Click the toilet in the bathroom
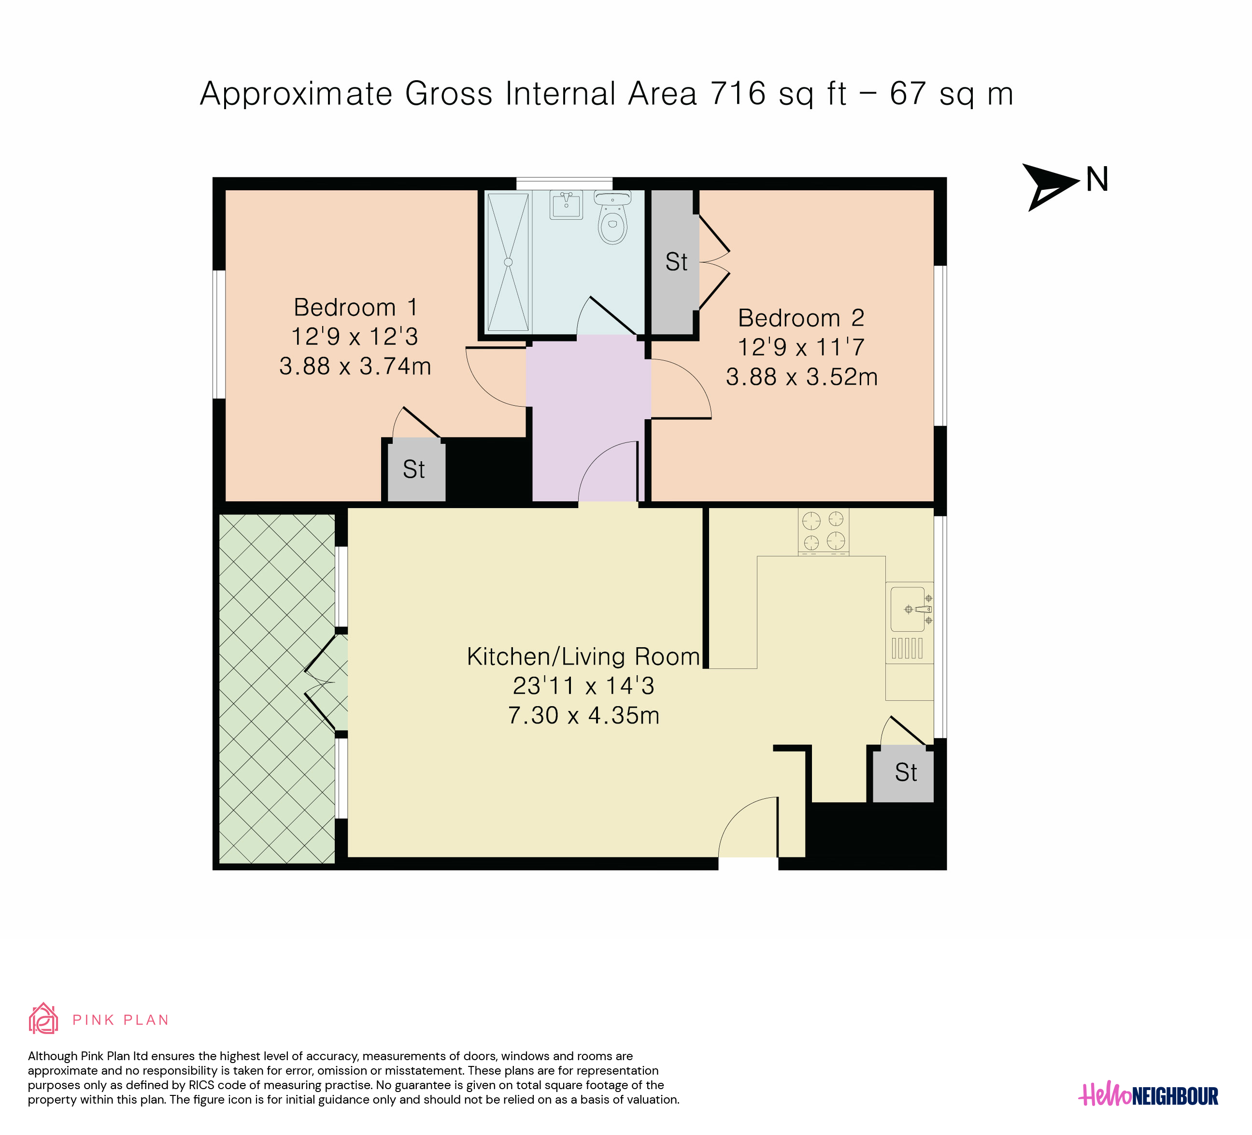(x=613, y=217)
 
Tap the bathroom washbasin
(x=567, y=204)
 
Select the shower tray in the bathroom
(x=508, y=262)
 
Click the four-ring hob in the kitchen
(x=824, y=531)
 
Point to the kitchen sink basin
(x=908, y=609)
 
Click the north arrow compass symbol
(x=1050, y=187)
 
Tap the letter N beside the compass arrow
(x=1097, y=180)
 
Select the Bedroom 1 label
(x=355, y=307)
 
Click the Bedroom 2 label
(x=801, y=318)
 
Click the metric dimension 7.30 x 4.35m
(x=584, y=715)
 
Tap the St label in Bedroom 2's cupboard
(x=676, y=262)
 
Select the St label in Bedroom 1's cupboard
(x=413, y=469)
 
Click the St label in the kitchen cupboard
(x=906, y=772)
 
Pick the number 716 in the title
(x=738, y=94)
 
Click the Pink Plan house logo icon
(x=43, y=1019)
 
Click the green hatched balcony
(x=277, y=689)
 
